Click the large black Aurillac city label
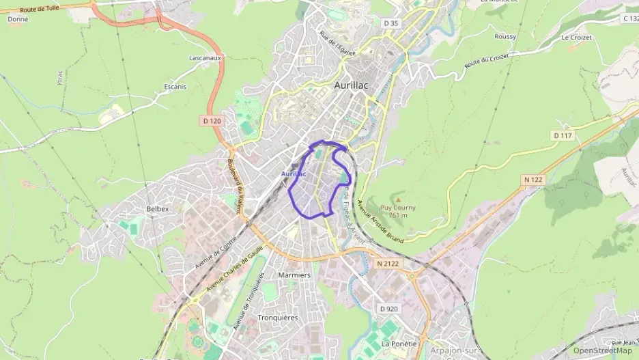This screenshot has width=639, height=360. click(352, 85)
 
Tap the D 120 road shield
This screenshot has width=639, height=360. click(212, 121)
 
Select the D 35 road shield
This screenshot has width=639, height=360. click(390, 23)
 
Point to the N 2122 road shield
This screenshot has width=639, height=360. click(388, 263)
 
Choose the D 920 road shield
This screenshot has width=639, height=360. click(388, 309)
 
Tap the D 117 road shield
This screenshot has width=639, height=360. click(562, 136)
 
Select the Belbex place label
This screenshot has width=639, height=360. click(157, 208)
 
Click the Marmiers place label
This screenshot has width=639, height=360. click(295, 275)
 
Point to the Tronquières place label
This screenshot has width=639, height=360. click(278, 318)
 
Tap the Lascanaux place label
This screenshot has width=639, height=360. click(205, 58)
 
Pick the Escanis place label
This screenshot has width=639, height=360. click(175, 87)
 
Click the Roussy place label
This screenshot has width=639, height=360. click(505, 36)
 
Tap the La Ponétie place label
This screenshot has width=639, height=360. click(399, 344)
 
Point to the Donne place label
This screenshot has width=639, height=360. click(17, 20)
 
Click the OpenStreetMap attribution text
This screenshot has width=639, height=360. click(603, 350)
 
